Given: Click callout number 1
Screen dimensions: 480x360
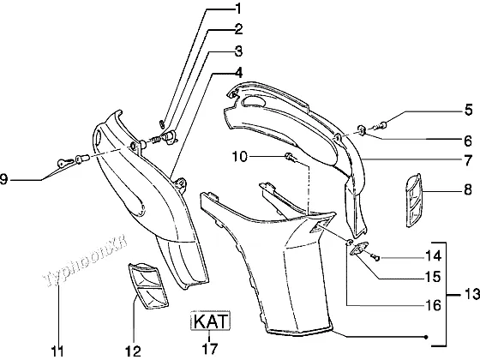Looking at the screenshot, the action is pos(238,9).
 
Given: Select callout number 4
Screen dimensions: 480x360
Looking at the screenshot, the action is pos(238,73).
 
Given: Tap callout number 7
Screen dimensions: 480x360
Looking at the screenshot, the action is pos(468,160).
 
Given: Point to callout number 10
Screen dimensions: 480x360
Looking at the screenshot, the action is pos(239,156).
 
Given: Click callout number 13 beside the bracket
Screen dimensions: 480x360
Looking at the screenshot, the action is pos(471,295).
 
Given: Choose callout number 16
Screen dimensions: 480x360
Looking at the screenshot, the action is pos(433,305).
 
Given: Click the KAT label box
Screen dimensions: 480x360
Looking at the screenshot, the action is pos(210,321).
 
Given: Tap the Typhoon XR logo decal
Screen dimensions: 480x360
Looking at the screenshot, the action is pos(87,262).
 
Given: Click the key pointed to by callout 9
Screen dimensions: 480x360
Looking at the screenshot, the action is pos(65,163).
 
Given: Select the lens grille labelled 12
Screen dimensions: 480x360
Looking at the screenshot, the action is pos(147,286).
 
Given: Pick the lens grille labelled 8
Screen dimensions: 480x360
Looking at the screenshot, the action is pos(413,201).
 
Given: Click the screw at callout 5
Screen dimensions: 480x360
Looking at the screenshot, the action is pos(381,125).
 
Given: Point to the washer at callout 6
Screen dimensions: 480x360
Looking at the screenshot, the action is pos(362,130).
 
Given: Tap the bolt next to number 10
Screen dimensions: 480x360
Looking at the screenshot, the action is pos(291,158).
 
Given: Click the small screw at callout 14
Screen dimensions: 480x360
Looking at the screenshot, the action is pos(375,258).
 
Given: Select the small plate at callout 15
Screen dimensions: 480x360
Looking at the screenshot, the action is pos(360,248).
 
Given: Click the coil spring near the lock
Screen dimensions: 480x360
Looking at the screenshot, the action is pos(156,140).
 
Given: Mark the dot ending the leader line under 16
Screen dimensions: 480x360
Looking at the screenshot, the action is pos(426,337).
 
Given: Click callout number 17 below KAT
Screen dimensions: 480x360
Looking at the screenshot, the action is pos(210,349).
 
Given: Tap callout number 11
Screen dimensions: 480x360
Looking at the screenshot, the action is pos(57,351).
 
